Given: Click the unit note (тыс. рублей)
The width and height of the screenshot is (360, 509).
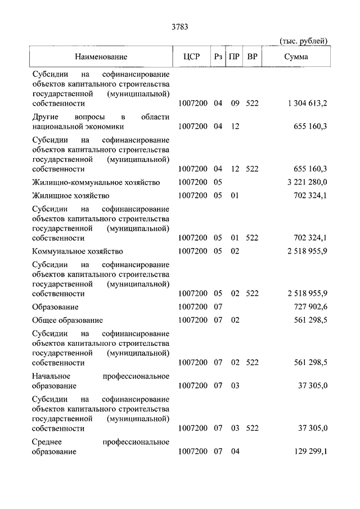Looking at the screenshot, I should [x=303, y=41].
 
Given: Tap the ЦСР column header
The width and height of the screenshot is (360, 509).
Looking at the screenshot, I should [x=192, y=56].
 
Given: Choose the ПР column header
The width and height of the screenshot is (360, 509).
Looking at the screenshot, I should [x=235, y=56].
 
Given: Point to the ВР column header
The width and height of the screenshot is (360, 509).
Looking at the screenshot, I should [x=253, y=56].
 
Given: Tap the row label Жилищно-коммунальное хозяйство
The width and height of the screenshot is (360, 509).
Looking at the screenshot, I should [x=96, y=183].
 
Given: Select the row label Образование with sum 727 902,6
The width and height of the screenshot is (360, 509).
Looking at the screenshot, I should [x=55, y=307].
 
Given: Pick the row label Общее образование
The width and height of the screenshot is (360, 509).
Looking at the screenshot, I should [x=67, y=320].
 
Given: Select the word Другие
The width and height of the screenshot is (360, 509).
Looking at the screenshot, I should [x=46, y=116].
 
